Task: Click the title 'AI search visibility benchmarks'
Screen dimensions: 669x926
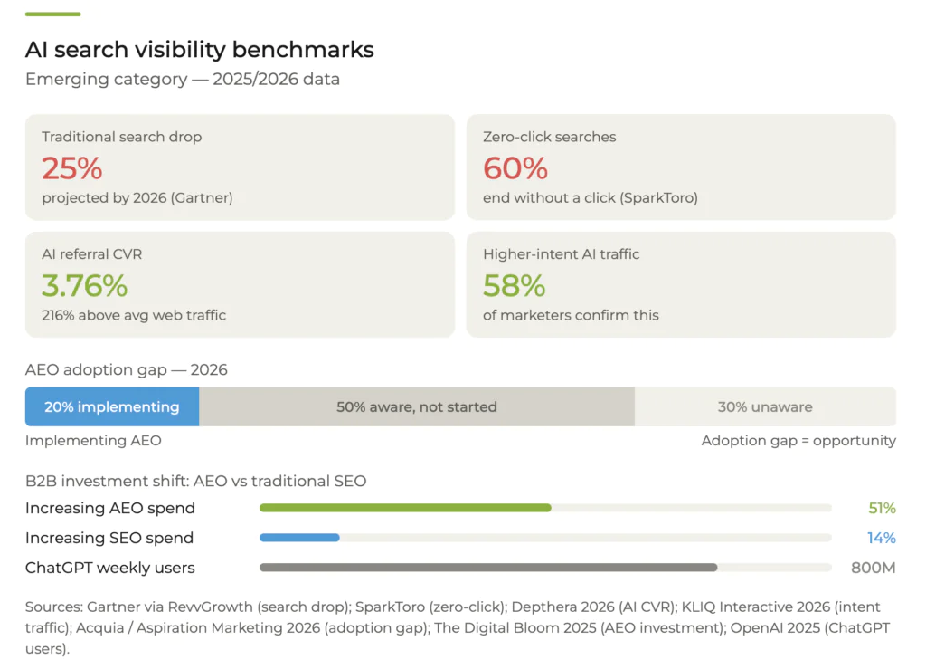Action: pyautogui.click(x=199, y=49)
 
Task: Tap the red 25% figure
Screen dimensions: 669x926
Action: pyautogui.click(x=71, y=168)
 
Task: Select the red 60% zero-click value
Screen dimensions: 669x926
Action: pyautogui.click(x=515, y=168)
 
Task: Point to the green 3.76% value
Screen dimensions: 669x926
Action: pyautogui.click(x=84, y=286)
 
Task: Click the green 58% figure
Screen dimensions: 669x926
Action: pyautogui.click(x=514, y=286)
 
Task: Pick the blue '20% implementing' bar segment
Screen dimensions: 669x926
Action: pyautogui.click(x=112, y=407)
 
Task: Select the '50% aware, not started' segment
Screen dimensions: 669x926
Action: pyautogui.click(x=417, y=407)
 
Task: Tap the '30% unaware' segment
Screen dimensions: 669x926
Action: pyautogui.click(x=765, y=407)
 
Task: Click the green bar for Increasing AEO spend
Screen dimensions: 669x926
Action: pyautogui.click(x=405, y=508)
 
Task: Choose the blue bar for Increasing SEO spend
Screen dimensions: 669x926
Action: pyautogui.click(x=299, y=538)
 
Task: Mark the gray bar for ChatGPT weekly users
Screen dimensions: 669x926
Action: pyautogui.click(x=488, y=568)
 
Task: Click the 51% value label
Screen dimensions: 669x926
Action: pyautogui.click(x=882, y=508)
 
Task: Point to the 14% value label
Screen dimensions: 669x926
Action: pyautogui.click(x=882, y=538)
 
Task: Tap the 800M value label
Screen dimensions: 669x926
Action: pyautogui.click(x=873, y=568)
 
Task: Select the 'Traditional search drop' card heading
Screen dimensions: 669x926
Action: pyautogui.click(x=121, y=137)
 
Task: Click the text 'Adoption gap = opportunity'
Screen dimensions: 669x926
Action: pyautogui.click(x=798, y=441)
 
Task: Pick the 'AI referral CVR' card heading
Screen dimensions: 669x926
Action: pyautogui.click(x=91, y=254)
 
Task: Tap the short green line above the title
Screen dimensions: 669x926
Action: pyautogui.click(x=52, y=14)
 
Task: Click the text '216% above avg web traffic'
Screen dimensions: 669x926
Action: pyautogui.click(x=134, y=316)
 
